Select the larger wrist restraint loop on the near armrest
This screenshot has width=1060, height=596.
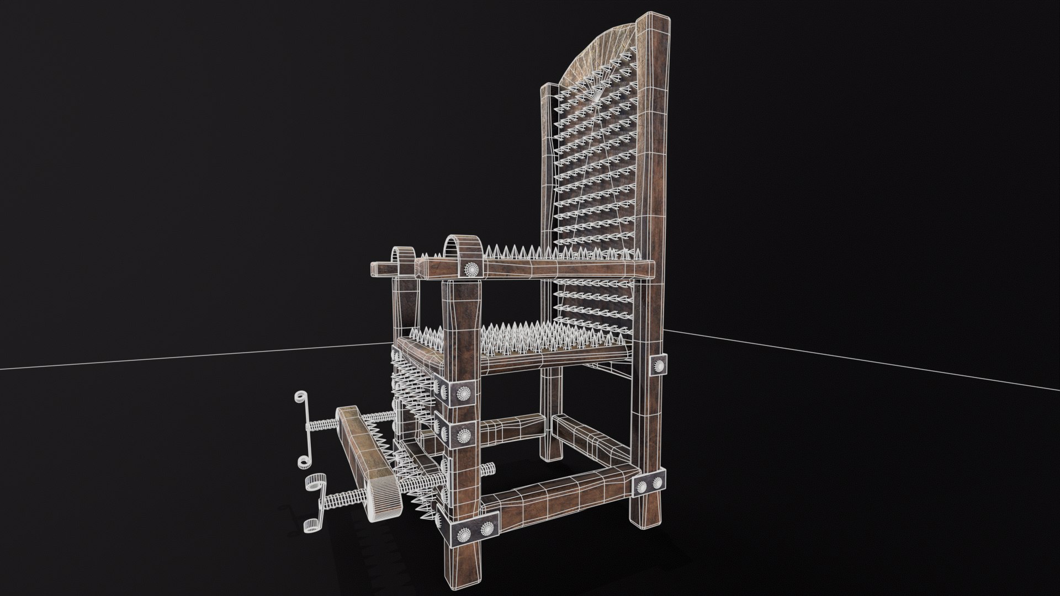click(459, 249)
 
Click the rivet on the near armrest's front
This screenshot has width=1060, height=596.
click(472, 269)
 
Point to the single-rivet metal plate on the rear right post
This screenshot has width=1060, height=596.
click(658, 364)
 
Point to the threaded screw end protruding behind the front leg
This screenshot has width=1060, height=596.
click(488, 470)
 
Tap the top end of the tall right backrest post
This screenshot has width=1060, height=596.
click(654, 25)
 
